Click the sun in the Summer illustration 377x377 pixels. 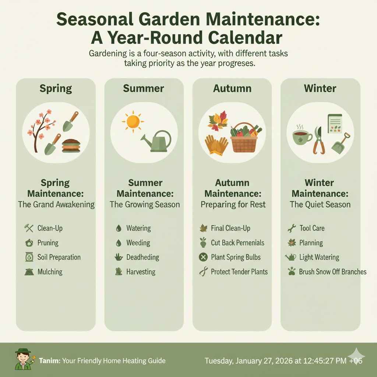point(133,121)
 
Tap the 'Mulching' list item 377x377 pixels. point(50,272)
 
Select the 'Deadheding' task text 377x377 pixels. point(142,257)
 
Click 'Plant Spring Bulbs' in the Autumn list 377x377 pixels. point(236,257)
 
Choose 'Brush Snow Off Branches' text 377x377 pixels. point(332,272)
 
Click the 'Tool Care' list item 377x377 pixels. point(312,228)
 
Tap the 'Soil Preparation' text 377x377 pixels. point(59,257)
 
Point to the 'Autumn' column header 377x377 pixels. point(232,88)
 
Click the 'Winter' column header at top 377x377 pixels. point(320,88)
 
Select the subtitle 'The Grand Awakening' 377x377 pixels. point(56,204)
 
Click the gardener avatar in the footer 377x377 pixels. point(23,359)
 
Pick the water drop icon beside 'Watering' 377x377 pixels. point(118,228)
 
